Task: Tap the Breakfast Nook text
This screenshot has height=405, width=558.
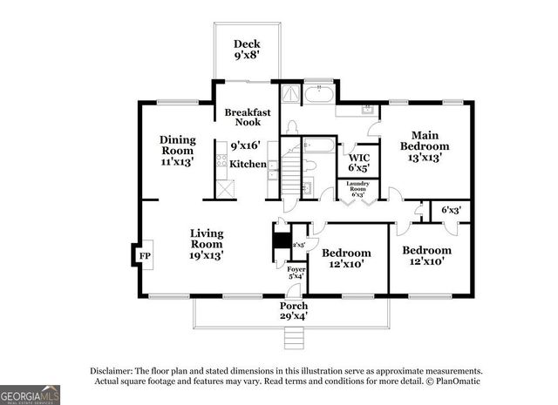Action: tap(248, 118)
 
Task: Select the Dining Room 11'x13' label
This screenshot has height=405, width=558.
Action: tap(176, 150)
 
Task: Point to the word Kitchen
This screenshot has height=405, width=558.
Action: tap(248, 164)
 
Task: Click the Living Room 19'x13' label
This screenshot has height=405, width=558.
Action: tap(208, 244)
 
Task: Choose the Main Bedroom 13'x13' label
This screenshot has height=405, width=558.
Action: tap(425, 145)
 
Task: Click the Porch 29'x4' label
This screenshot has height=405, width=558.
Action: tap(293, 311)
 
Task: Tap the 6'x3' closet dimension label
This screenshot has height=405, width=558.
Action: tap(451, 210)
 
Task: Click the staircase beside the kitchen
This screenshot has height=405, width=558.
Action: tap(289, 179)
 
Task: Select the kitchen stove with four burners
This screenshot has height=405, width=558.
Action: tap(221, 160)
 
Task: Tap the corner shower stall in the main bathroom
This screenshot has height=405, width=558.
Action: tap(288, 95)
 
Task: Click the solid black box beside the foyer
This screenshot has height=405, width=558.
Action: tap(281, 238)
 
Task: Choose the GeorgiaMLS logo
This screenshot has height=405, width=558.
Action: tap(31, 395)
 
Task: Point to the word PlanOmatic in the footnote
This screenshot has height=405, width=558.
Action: tap(455, 381)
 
